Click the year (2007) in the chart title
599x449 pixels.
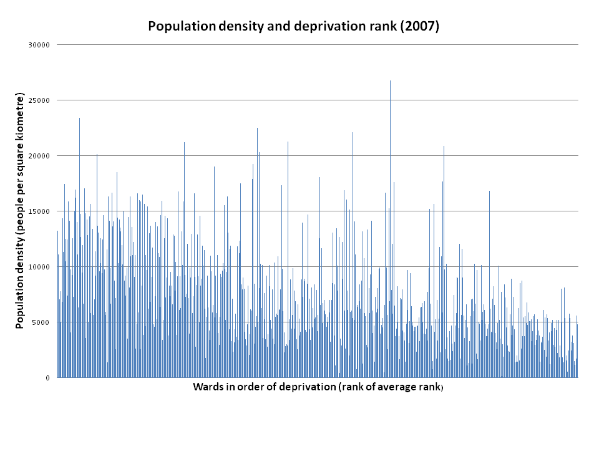[421, 26]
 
